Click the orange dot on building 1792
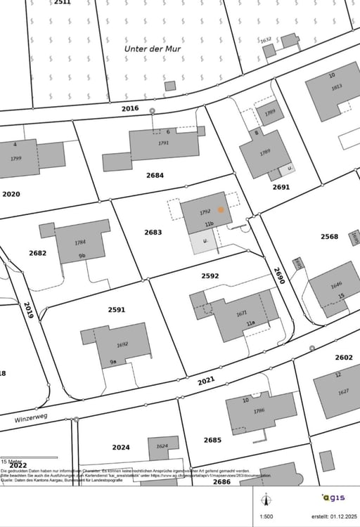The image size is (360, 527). (x=221, y=209)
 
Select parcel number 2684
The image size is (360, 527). (x=155, y=175)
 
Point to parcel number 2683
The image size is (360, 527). (x=153, y=232)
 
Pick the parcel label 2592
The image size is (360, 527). (x=210, y=276)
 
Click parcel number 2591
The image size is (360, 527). (x=117, y=309)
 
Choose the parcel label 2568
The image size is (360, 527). (x=329, y=237)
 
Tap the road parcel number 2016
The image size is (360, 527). (x=130, y=108)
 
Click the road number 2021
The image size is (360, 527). (x=206, y=381)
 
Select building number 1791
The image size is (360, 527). (x=164, y=143)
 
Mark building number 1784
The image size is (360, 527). (x=80, y=242)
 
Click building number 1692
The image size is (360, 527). (x=122, y=344)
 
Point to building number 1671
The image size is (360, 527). (x=242, y=313)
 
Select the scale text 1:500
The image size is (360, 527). (x=266, y=516)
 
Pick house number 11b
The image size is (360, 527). (x=209, y=224)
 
